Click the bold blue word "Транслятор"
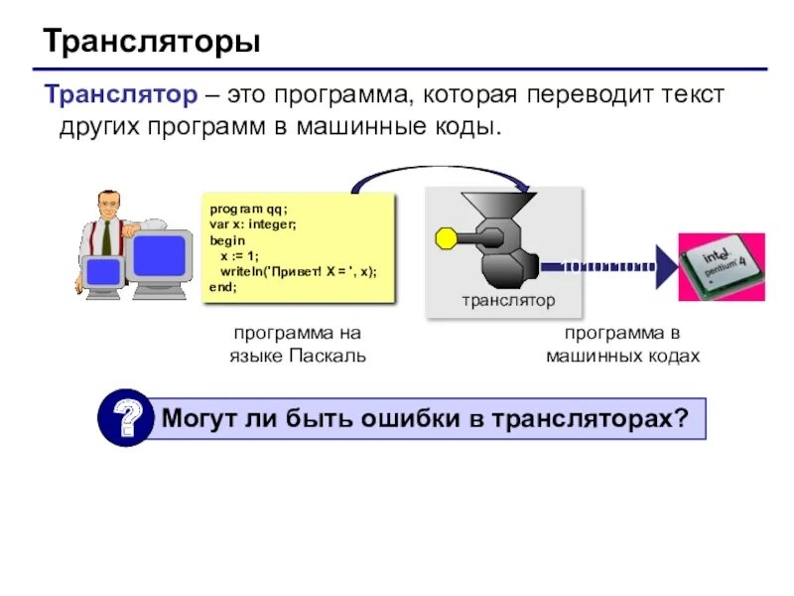click(120, 95)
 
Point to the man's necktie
click(106, 238)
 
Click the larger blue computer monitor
click(155, 254)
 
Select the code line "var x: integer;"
click(254, 224)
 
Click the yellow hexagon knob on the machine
click(446, 238)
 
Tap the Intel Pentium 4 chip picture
click(722, 266)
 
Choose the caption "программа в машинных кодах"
click(622, 345)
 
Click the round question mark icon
click(126, 418)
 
